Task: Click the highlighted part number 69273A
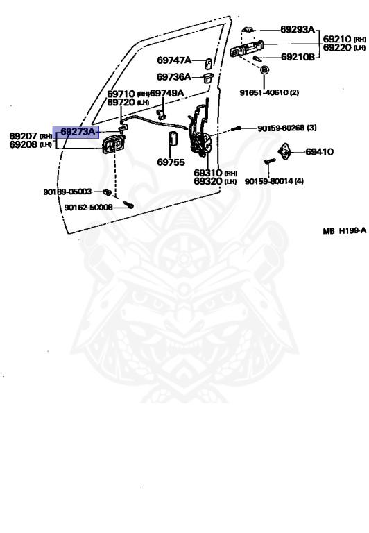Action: click(78, 132)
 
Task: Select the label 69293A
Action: click(298, 30)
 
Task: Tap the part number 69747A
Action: click(174, 60)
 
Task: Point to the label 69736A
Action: click(173, 77)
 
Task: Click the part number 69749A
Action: click(167, 93)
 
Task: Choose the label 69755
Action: click(171, 162)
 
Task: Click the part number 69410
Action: click(319, 151)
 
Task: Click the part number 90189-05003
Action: click(67, 192)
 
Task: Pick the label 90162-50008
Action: click(88, 207)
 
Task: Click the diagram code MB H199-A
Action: click(345, 231)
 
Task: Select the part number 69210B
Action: click(298, 57)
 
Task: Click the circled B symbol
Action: click(264, 69)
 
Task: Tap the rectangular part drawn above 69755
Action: click(173, 138)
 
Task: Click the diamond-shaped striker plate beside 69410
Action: click(284, 151)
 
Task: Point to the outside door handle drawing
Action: click(247, 49)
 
